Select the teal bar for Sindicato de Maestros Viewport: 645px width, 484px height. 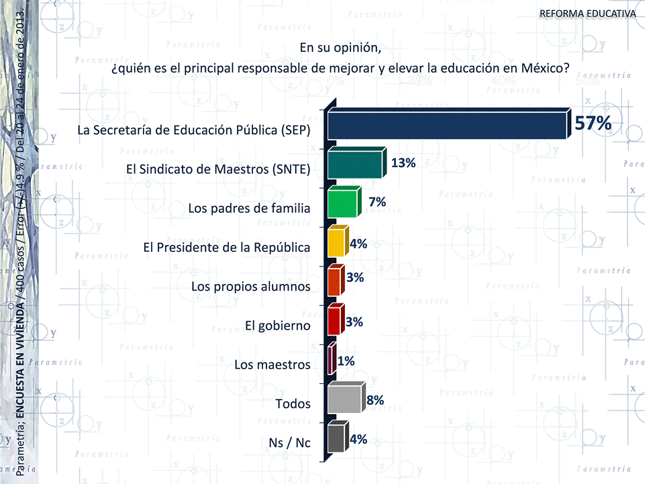(354, 165)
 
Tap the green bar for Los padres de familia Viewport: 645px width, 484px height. (342, 203)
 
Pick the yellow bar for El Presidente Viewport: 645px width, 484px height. (336, 244)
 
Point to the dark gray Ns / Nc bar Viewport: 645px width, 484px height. (336, 439)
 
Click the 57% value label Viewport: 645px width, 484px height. (593, 123)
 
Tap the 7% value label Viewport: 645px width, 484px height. (377, 201)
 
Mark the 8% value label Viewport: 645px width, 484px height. (375, 400)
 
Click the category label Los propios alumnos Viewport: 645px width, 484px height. (250, 287)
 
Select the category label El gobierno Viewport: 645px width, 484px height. (277, 326)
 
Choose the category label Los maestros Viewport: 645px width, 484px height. (272, 365)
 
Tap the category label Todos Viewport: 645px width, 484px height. (293, 404)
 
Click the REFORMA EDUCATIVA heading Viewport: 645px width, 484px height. (588, 14)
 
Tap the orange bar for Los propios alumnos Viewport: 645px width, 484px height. (334, 283)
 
